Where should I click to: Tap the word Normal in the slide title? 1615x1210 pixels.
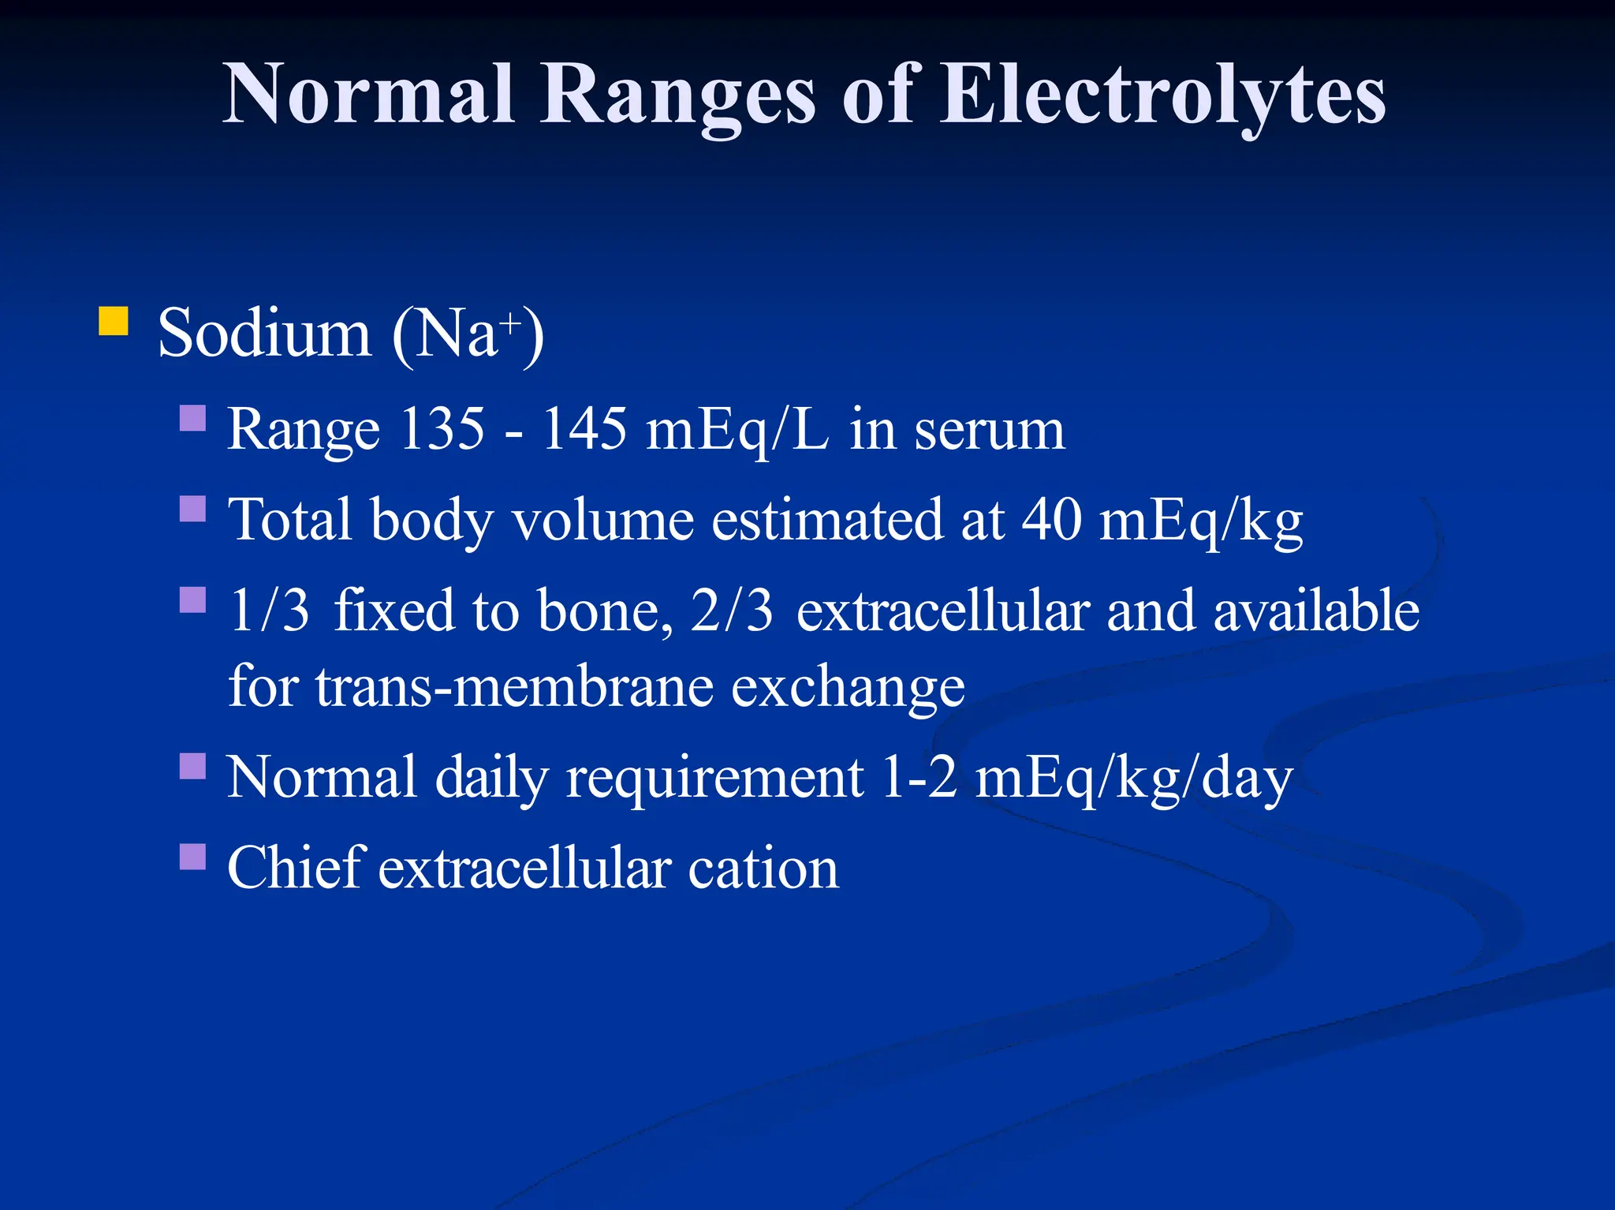point(369,95)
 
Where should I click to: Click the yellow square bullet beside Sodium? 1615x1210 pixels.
point(114,322)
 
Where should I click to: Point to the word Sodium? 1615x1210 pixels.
point(264,334)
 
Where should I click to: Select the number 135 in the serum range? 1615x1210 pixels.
point(442,429)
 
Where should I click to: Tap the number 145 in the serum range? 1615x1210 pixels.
point(584,429)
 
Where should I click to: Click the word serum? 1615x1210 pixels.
point(990,431)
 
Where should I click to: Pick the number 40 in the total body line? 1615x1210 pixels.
point(1051,520)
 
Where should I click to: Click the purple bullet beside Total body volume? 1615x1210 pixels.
point(193,509)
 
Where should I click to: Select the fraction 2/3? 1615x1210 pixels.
point(732,611)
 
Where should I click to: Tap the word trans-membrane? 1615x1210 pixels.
point(514,686)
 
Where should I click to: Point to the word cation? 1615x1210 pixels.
point(763,868)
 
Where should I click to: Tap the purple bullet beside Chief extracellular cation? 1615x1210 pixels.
point(193,857)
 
